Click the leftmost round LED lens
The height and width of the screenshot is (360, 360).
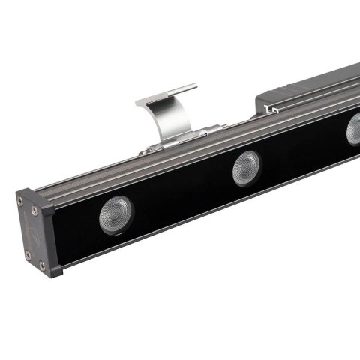(115, 215)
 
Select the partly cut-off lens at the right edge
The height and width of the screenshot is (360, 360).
(353, 129)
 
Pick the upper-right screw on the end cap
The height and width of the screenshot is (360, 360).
(43, 208)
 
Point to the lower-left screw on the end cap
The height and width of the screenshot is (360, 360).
(27, 256)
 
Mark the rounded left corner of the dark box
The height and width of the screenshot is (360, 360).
(262, 98)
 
